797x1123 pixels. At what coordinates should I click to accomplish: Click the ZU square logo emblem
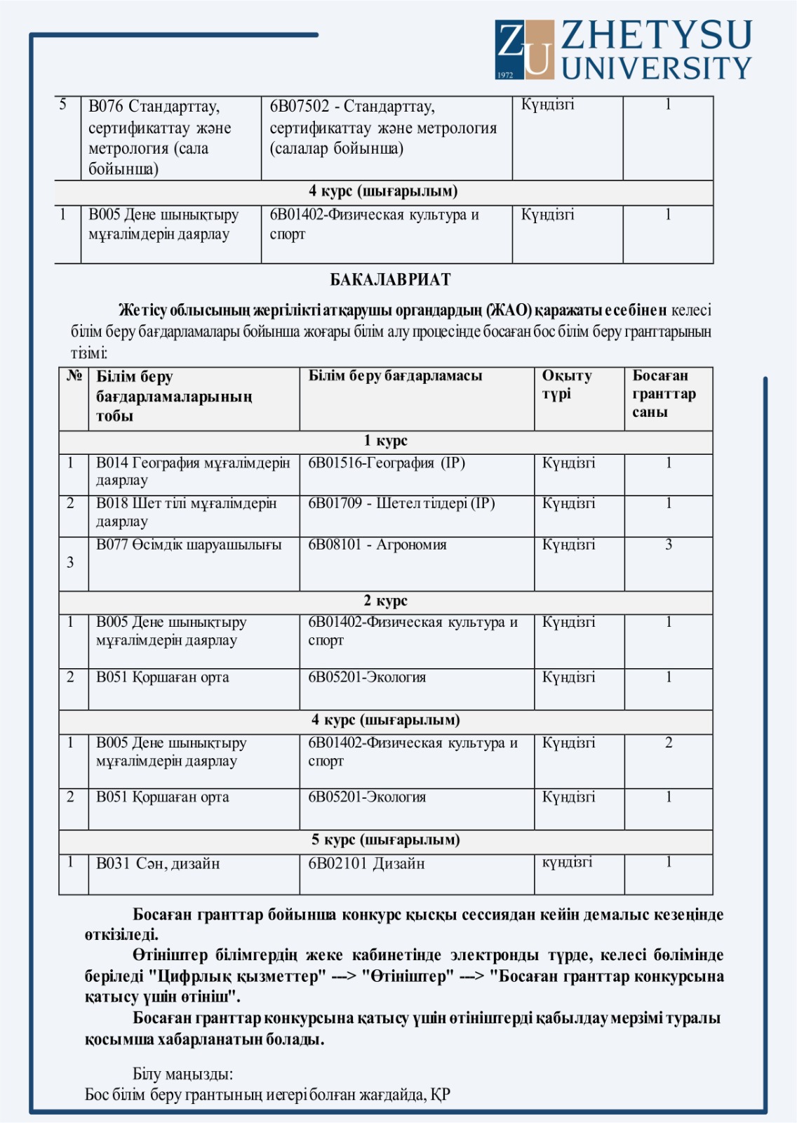(x=523, y=49)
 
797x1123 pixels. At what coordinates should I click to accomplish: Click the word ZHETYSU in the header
(x=656, y=35)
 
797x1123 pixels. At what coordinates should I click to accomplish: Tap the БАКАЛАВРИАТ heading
(x=390, y=280)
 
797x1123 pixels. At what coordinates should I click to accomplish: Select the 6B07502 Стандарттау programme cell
(x=383, y=128)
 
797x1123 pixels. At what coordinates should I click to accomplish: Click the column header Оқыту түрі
(x=566, y=385)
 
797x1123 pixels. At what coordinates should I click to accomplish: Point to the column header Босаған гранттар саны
(x=663, y=394)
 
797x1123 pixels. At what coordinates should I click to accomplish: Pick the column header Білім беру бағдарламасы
(x=395, y=376)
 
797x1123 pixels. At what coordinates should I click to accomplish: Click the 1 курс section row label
(x=385, y=441)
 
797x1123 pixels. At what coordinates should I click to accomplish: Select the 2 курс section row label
(x=385, y=601)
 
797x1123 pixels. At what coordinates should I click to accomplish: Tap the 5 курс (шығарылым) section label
(x=385, y=840)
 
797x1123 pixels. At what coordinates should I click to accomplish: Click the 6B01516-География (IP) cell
(x=387, y=463)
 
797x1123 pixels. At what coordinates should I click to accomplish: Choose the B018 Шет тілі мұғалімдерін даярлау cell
(x=186, y=512)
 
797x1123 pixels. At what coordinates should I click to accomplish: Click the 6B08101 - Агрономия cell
(x=377, y=545)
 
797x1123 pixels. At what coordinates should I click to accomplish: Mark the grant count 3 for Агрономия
(x=668, y=545)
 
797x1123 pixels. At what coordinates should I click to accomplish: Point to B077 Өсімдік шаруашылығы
(x=189, y=545)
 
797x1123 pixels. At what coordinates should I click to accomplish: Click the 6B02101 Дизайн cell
(x=366, y=864)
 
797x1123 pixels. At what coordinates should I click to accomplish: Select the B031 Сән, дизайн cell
(x=158, y=864)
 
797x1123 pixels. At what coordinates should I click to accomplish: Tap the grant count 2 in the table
(x=668, y=743)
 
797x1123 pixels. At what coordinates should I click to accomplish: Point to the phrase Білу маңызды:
(x=182, y=1074)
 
